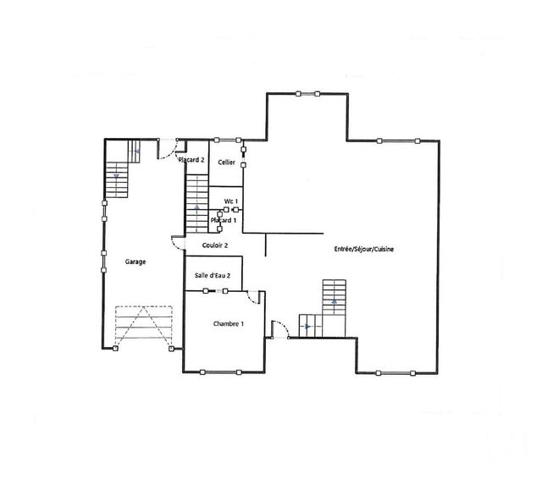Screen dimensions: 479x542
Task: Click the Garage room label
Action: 135,262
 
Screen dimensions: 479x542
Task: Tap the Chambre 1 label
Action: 229,324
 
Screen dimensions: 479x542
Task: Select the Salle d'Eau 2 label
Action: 213,276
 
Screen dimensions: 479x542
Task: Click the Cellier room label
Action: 226,162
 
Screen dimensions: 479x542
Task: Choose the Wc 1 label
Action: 230,201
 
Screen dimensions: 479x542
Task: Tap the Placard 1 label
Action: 224,220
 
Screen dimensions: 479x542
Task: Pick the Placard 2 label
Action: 192,160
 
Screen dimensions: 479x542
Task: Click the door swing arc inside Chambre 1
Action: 252,297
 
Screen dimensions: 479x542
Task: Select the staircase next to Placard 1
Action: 197,203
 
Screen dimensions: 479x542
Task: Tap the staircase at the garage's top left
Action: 117,170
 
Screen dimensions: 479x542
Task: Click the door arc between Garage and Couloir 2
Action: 178,244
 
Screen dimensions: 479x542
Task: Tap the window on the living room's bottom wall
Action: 396,372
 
